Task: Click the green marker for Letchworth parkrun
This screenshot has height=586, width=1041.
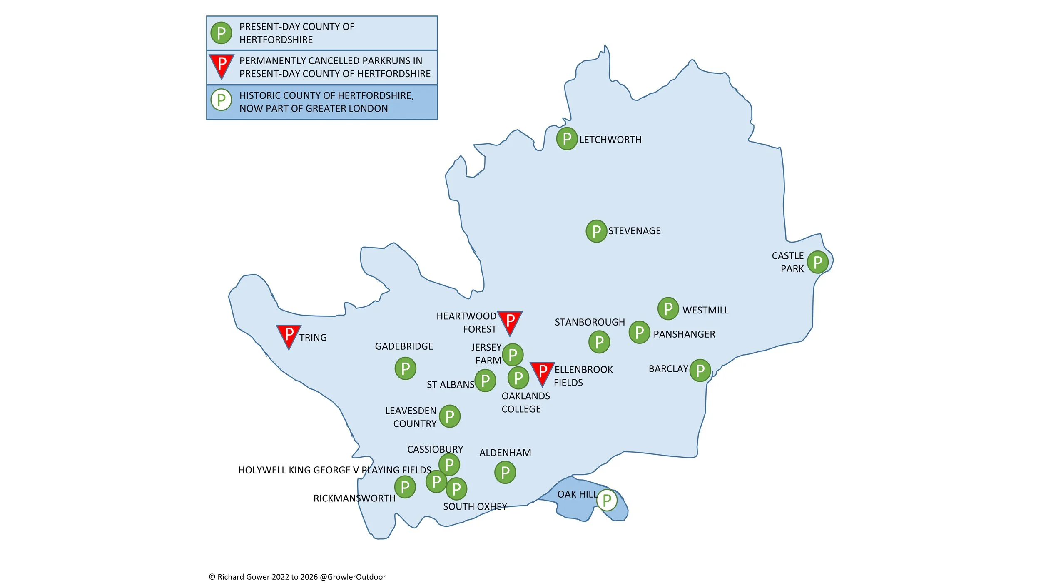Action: [567, 139]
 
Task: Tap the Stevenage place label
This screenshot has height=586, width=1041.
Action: [634, 231]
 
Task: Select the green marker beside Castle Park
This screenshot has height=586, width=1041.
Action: [818, 262]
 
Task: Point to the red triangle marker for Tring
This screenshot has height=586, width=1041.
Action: [289, 335]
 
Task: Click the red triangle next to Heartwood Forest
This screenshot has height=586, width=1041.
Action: [510, 321]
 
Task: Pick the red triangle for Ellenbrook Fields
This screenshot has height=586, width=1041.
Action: [542, 372]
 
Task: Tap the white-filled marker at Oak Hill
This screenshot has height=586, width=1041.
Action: [607, 500]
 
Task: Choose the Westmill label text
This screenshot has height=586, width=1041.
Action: [705, 310]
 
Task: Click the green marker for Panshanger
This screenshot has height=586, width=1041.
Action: [639, 332]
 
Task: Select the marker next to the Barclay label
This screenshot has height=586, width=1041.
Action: [700, 370]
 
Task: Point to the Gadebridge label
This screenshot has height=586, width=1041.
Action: [404, 346]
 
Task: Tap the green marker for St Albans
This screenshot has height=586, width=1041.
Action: [485, 380]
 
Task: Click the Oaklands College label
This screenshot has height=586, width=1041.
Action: [525, 402]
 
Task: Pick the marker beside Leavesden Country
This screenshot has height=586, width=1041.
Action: [450, 416]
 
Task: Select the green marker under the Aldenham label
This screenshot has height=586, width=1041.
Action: [505, 473]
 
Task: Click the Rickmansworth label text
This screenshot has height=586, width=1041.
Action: [354, 498]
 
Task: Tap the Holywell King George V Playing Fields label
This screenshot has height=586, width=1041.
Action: [334, 470]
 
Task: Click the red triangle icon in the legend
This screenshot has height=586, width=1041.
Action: [222, 65]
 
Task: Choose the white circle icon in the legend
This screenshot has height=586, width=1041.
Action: [221, 100]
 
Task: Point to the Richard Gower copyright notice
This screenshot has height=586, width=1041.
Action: [297, 577]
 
